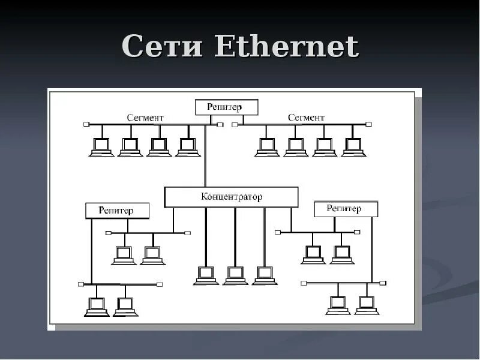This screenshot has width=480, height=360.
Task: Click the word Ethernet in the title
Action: [x=286, y=47]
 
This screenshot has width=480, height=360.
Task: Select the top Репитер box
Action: [x=226, y=107]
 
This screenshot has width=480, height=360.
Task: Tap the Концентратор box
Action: [x=231, y=197]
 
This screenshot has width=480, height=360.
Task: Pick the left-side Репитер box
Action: [x=117, y=210]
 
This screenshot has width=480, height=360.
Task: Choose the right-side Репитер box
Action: [x=346, y=209]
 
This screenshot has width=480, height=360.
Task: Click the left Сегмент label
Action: [x=145, y=118]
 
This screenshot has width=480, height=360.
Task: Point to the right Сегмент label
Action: [x=306, y=118]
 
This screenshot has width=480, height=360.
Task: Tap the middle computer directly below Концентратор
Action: [x=235, y=275]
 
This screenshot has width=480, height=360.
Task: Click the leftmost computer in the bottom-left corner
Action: [x=96, y=307]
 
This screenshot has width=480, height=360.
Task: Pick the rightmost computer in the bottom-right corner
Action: [x=366, y=305]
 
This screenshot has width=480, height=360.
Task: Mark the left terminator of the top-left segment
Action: [x=86, y=125]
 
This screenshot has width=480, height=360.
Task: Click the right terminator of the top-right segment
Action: [x=368, y=125]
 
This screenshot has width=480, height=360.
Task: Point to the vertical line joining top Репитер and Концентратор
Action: [x=205, y=156]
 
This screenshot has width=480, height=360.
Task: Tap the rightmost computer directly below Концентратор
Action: [x=264, y=275]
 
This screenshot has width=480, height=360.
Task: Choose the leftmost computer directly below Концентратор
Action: [x=206, y=275]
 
